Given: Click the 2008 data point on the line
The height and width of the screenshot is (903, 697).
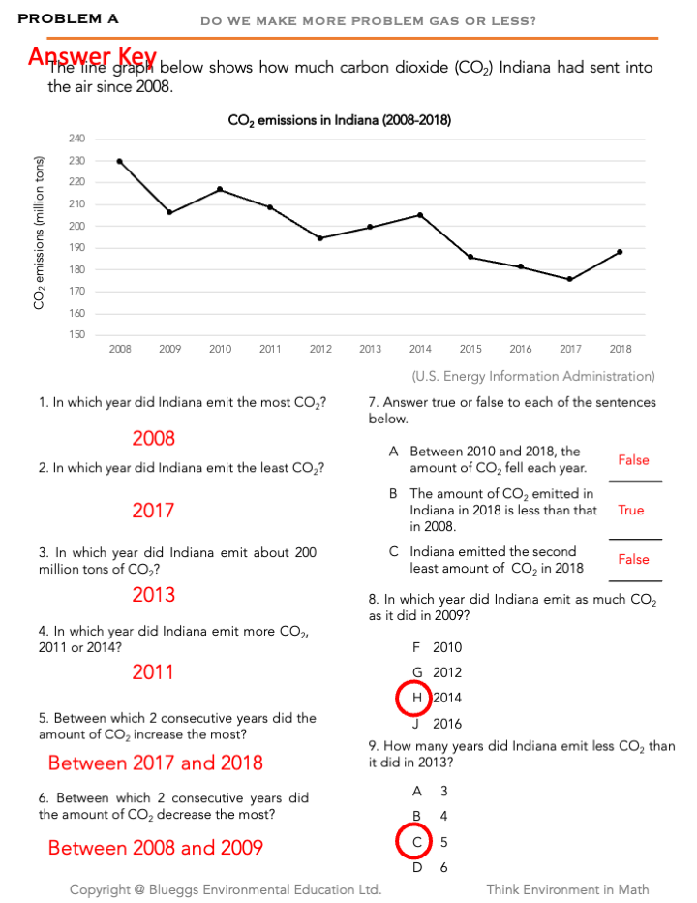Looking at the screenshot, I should pos(120,161).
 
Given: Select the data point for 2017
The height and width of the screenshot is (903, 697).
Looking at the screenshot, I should pos(570,279).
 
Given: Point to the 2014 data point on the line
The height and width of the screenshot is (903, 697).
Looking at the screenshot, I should pos(420,214).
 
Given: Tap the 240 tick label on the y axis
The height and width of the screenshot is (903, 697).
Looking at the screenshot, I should pos(77,139).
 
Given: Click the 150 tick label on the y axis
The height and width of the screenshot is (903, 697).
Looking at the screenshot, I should pos(77,335).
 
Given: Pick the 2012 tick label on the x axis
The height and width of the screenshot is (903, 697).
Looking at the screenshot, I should pos(320,349).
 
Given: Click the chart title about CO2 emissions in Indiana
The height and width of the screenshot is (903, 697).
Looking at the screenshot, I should pos(339,121).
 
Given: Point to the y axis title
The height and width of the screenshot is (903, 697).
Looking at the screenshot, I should pos(40,233).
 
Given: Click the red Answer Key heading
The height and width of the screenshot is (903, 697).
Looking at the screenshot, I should pos(93,57).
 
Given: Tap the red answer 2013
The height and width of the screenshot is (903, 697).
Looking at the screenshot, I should pos(153,594).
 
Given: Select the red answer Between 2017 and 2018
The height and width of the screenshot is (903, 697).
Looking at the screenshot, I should pos(156,763).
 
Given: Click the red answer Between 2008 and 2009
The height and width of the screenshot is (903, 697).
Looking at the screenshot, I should pos(156,848).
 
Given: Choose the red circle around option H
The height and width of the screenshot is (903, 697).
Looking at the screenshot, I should pos(415,698).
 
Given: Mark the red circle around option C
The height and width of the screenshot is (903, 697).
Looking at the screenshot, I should pos(415,842).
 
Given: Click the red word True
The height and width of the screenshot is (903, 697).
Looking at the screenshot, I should pos(631,510).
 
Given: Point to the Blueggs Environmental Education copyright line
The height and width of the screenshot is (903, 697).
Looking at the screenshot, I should pos(226,889).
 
